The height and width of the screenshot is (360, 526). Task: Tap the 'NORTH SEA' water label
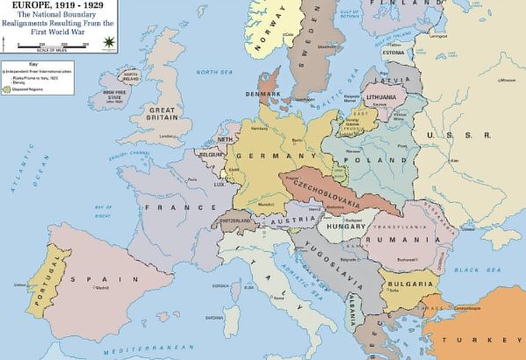tap(211, 72)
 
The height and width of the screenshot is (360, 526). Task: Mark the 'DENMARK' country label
tap(263, 94)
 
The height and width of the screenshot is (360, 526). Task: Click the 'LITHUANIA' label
tap(381, 95)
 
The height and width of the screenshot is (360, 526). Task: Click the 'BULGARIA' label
tap(407, 284)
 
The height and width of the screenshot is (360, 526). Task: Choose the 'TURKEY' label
tap(493, 339)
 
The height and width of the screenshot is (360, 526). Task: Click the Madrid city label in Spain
tap(100, 288)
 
